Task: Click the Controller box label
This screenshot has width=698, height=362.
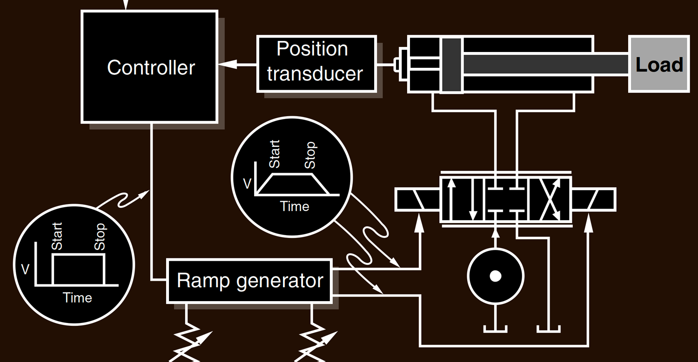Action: pos(151,68)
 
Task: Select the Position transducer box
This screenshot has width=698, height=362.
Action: pos(316,63)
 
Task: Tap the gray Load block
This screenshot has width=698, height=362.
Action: pos(659,64)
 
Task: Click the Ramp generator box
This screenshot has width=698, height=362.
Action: pos(249,281)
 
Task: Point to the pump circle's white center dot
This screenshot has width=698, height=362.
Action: pos(496,276)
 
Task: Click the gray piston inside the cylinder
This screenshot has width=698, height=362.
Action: pos(451,65)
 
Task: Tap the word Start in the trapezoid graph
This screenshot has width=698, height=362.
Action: pos(275,154)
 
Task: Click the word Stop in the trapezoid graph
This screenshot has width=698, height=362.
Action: pos(310,155)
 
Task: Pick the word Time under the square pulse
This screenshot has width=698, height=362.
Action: pos(77,297)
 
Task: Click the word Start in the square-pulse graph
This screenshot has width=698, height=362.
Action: pos(57,236)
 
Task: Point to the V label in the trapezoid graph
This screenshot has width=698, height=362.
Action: pos(248,184)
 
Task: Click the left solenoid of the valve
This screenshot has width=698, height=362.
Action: pos(417,199)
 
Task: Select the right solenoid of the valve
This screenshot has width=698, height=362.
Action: pos(593,199)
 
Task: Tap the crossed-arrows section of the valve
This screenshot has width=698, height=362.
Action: pos(549,200)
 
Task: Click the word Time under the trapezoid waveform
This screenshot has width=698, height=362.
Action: pos(295,206)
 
